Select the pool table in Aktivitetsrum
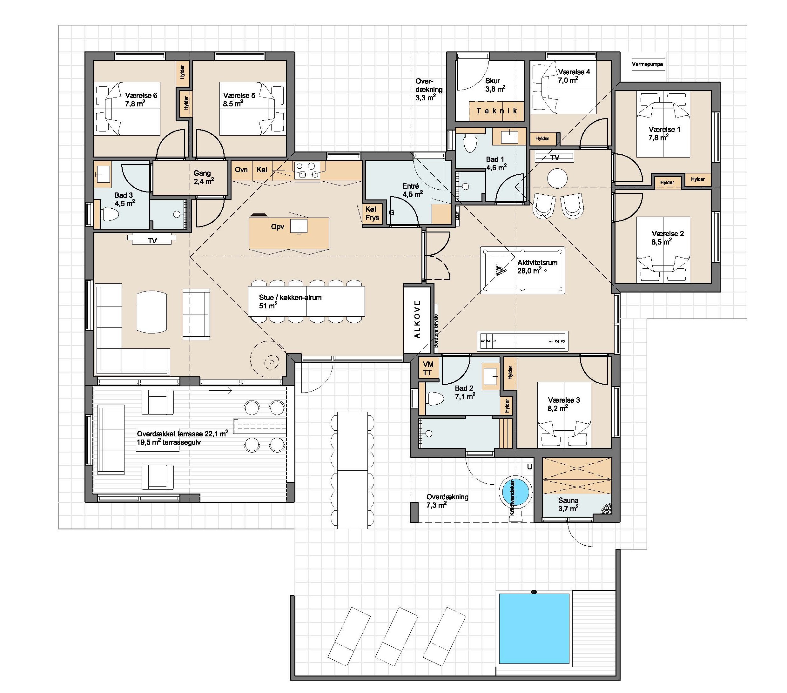click(x=522, y=271)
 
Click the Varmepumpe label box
click(x=647, y=64)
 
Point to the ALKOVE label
click(x=417, y=319)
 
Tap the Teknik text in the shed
click(x=497, y=111)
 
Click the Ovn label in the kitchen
click(x=241, y=170)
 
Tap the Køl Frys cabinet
click(x=372, y=214)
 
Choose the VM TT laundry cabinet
click(x=428, y=368)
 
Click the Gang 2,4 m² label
click(x=204, y=177)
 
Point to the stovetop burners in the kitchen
click(x=307, y=170)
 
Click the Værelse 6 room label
click(x=141, y=99)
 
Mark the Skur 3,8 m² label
click(x=495, y=85)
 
